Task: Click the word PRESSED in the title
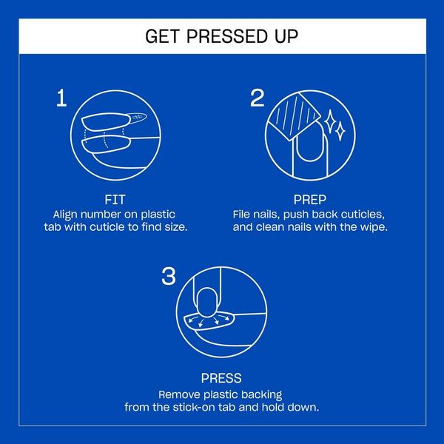(x=225, y=36)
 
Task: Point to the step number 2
(x=257, y=98)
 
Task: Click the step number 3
(x=169, y=277)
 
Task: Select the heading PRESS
(x=221, y=378)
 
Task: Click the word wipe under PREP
(x=372, y=226)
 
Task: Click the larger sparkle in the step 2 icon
(x=340, y=130)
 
